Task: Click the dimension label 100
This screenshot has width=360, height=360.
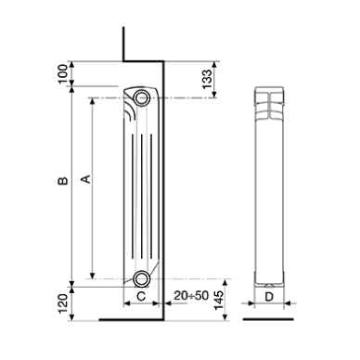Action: tap(63, 73)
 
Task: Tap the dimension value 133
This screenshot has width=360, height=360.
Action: tap(207, 79)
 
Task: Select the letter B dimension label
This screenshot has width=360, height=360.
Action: tap(63, 181)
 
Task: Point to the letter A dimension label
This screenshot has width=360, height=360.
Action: tap(85, 179)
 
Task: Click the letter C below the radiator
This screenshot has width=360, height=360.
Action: tap(141, 296)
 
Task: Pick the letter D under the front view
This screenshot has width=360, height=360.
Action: tap(269, 297)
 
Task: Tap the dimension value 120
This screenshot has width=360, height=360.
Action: tap(63, 303)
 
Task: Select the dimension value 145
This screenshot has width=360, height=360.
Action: tap(218, 300)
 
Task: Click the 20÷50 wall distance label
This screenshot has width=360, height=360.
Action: tap(191, 296)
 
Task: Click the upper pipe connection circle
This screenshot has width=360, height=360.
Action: tap(142, 98)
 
